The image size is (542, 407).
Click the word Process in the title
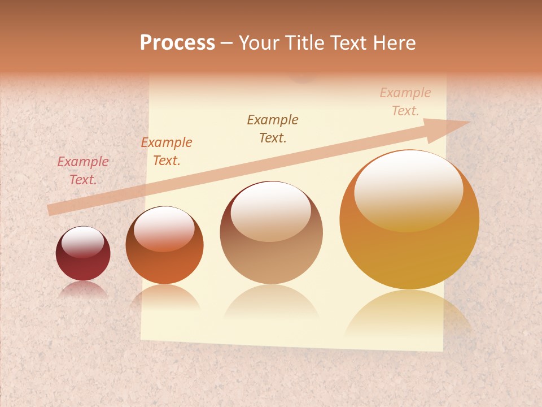tap(177, 43)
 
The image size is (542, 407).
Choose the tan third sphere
tap(271, 254)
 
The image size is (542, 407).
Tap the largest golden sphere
tap(409, 249)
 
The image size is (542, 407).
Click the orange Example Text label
tap(167, 151)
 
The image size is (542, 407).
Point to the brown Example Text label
tap(273, 128)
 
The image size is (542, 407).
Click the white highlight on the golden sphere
tap(408, 189)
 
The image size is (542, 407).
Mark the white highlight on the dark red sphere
tap(82, 242)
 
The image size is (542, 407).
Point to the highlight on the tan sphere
tap(270, 210)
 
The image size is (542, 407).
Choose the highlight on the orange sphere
tap(164, 228)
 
